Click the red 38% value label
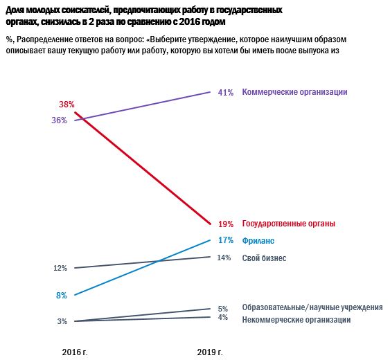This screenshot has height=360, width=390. point(67,105)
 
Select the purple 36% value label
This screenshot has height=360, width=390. point(59,120)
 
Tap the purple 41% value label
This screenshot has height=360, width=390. point(225,92)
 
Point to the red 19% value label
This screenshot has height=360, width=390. point(225,224)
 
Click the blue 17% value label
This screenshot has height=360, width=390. point(225,240)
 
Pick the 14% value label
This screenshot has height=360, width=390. point(224,258)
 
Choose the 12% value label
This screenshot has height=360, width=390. point(60,268)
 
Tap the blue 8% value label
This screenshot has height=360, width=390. point(62,295)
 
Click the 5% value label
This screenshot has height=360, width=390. point(222,309)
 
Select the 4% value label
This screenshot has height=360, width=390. point(222,318)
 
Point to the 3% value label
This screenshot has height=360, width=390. point(62,321)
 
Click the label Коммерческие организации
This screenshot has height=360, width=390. point(294,92)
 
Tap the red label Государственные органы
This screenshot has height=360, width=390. point(288,224)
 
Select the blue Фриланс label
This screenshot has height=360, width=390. point(258,240)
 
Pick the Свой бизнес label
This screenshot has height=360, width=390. point(264,258)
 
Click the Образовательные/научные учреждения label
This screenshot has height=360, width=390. point(312,307)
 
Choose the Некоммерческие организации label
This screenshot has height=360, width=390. point(296,319)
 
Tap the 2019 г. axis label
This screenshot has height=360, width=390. point(210,352)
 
